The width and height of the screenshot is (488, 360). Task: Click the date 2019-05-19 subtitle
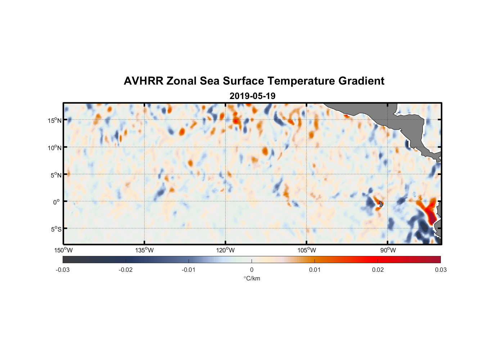pos(252,96)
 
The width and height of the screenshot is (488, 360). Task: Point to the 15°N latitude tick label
pos(54,120)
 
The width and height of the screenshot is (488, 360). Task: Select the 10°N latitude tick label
pos(54,148)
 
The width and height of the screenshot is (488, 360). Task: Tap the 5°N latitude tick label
pos(56,175)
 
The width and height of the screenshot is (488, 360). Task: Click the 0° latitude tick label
pos(56,202)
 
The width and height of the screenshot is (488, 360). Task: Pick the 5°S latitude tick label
pos(56,229)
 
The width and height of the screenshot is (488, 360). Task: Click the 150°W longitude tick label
pos(63,250)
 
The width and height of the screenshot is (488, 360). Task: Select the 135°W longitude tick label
pos(144,250)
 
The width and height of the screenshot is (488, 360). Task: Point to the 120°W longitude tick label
pos(226,250)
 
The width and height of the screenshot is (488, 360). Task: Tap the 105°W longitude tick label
pos(307,250)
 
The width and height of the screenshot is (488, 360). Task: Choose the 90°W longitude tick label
pos(388,250)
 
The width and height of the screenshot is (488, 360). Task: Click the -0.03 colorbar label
pos(63,270)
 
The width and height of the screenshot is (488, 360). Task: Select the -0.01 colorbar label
pos(189,270)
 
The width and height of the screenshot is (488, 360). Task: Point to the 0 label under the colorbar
pos(252,270)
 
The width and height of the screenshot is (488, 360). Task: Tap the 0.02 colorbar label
pos(378,270)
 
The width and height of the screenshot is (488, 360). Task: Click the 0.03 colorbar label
pos(440,270)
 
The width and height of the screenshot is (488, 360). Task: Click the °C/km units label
pos(252,278)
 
